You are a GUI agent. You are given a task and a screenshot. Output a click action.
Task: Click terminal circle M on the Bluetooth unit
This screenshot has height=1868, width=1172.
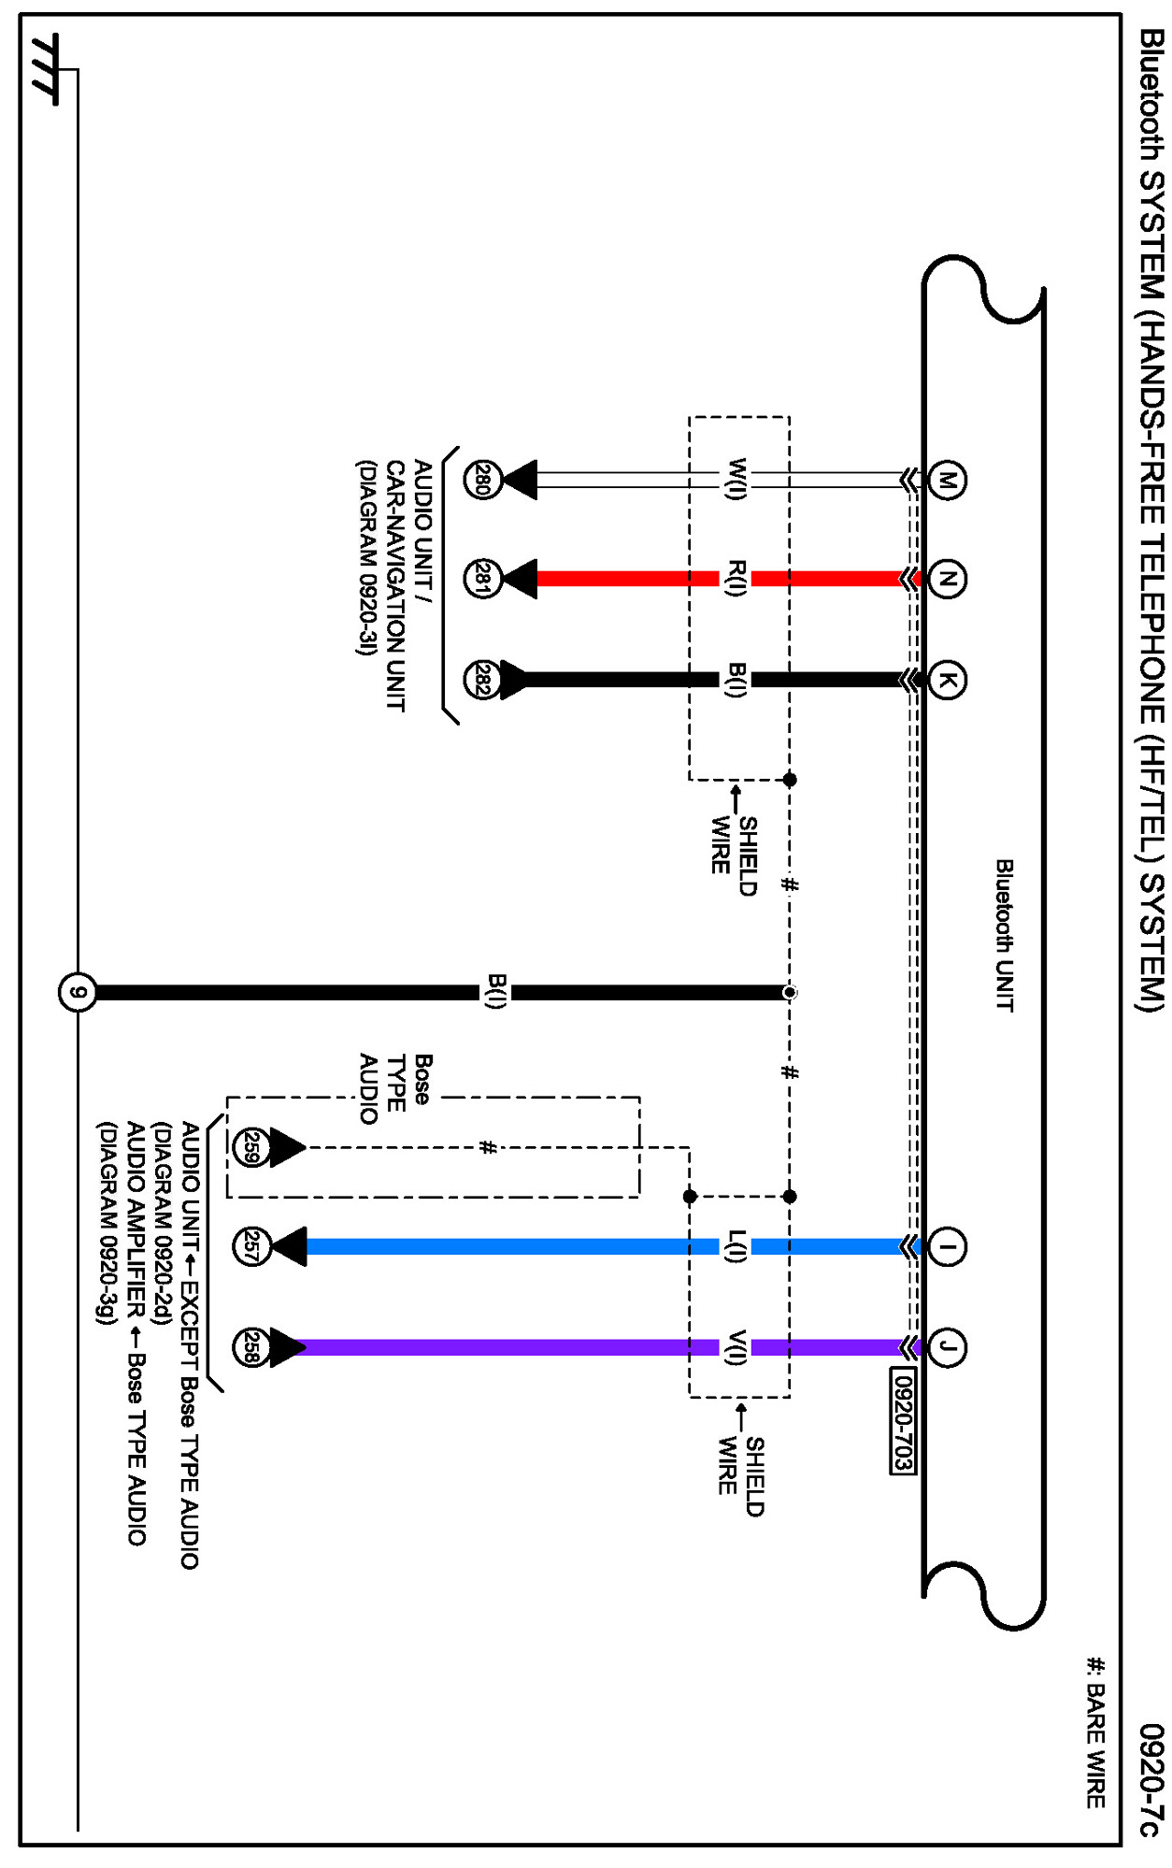click(x=947, y=481)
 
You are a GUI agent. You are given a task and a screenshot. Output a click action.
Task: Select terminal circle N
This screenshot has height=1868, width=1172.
click(x=947, y=579)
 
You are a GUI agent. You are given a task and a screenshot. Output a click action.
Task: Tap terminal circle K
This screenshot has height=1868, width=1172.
click(x=947, y=680)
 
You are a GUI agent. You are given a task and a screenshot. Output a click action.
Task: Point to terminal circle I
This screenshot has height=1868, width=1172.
click(x=947, y=1246)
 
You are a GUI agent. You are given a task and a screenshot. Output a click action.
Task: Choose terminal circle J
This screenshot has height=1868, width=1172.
click(x=947, y=1347)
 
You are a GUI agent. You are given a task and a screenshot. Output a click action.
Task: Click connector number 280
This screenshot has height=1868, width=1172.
click(x=483, y=481)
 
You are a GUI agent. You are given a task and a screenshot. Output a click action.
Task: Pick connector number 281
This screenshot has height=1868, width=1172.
click(x=483, y=579)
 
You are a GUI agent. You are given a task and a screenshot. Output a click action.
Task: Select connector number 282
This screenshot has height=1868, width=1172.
click(x=483, y=680)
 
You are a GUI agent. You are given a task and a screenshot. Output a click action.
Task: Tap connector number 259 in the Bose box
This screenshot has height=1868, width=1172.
click(x=250, y=1147)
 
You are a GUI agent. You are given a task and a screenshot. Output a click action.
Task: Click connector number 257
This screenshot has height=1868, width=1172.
click(x=250, y=1246)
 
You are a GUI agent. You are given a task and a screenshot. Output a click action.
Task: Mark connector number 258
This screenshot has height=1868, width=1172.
click(x=250, y=1347)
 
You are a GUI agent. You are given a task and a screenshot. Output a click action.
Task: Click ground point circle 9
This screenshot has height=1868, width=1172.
click(x=78, y=992)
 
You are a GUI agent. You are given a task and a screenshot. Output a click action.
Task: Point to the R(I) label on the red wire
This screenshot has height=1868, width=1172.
click(x=736, y=579)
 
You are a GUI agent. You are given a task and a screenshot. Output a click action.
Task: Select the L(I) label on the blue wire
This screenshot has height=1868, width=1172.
click(x=736, y=1246)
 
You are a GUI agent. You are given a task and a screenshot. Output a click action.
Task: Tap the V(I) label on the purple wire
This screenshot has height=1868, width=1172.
click(x=736, y=1347)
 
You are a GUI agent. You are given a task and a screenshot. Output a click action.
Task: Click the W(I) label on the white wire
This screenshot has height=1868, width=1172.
click(x=736, y=480)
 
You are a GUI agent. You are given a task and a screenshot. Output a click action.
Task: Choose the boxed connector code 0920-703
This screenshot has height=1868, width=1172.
click(x=902, y=1420)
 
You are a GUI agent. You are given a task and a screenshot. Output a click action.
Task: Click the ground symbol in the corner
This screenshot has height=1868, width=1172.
click(x=45, y=70)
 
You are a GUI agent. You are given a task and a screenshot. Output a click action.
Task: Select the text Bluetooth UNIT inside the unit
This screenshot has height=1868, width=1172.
click(x=1004, y=935)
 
